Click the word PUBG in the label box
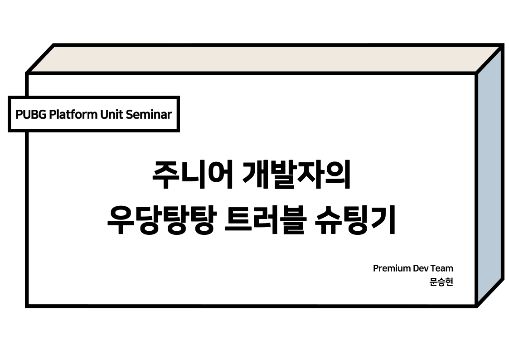[31, 115]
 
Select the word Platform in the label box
[73, 114]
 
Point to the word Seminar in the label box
[149, 115]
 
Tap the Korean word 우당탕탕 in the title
[160, 219]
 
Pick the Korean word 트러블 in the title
[265, 219]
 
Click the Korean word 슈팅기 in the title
[355, 219]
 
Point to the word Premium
[392, 268]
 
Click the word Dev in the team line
[420, 268]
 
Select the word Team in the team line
[442, 268]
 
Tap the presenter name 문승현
[441, 282]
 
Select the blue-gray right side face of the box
[490, 175]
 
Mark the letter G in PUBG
[42, 115]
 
